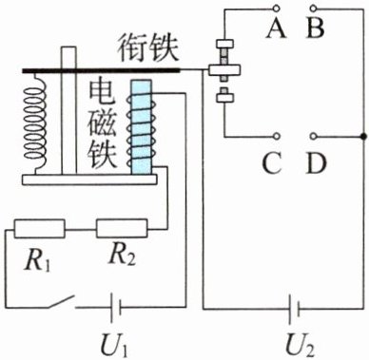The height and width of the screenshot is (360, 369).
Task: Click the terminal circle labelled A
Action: (x=278, y=7)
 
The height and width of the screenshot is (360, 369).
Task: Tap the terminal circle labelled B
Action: (x=313, y=7)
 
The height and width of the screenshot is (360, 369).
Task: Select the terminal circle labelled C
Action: (x=278, y=136)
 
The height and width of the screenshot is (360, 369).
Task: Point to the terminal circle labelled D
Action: (x=313, y=136)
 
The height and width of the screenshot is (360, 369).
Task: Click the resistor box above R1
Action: (x=39, y=229)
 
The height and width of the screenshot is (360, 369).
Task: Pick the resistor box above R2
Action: (x=122, y=228)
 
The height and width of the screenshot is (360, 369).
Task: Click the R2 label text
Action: (x=123, y=256)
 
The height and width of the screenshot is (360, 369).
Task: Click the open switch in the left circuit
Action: (x=62, y=302)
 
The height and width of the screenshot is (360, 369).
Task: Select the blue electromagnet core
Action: (x=142, y=127)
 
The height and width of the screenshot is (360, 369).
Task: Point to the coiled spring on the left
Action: (x=35, y=124)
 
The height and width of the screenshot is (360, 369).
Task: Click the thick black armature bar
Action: (x=101, y=70)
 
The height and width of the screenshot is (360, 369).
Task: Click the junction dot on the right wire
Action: (x=363, y=136)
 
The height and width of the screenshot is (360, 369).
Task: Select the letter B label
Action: (x=315, y=28)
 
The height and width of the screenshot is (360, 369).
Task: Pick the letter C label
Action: (x=272, y=162)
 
